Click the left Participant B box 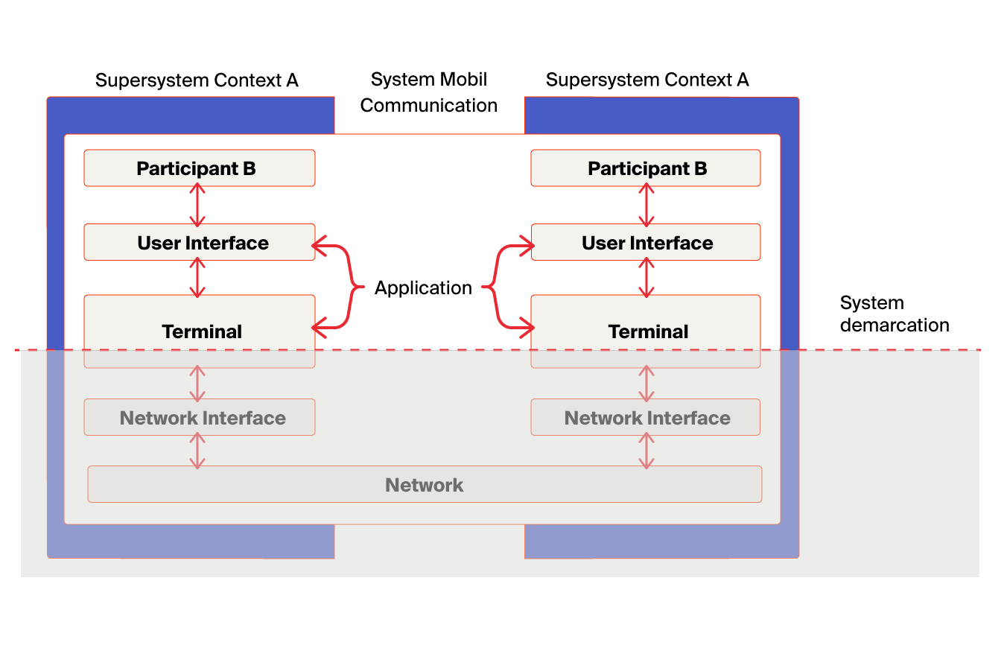pos(200,168)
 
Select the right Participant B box pos(646,168)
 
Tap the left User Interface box pos(200,242)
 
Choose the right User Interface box pos(646,242)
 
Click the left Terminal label pos(202,331)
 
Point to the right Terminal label pos(648,331)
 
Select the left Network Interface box pos(200,417)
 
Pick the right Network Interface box pos(646,417)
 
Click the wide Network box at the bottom pos(425,484)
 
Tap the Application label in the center pos(423,288)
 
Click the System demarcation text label pos(895,314)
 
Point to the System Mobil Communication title pos(429,92)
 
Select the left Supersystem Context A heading pos(197,80)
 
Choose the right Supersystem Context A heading pos(647,80)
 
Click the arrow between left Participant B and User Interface pos(197,205)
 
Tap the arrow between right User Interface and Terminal pos(646,278)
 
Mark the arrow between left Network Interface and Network pos(197,451)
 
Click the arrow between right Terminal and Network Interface pos(646,384)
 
